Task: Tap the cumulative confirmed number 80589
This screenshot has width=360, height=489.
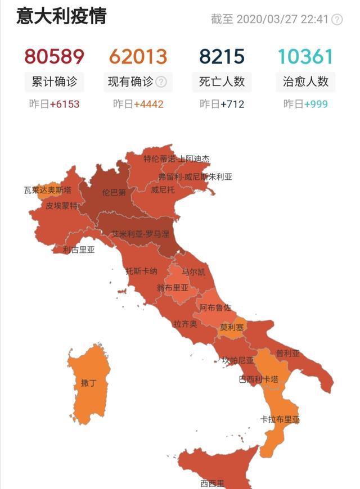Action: tap(54, 57)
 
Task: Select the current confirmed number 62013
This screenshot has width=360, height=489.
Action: tap(138, 57)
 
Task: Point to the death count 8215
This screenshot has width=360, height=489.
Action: tap(222, 57)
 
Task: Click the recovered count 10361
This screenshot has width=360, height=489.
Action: tap(305, 57)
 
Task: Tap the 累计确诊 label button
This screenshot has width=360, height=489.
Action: tap(54, 81)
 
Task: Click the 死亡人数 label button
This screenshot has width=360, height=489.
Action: tap(222, 81)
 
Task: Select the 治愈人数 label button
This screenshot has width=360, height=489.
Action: tap(305, 81)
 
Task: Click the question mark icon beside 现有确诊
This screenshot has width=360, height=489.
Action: tap(161, 81)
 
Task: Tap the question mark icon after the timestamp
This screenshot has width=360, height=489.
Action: tap(337, 20)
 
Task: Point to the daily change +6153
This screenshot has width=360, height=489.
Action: tap(65, 104)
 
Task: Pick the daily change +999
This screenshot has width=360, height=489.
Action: tap(316, 104)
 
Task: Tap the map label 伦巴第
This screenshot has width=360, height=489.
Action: tap(114, 192)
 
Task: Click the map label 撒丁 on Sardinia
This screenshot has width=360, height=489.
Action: tap(88, 383)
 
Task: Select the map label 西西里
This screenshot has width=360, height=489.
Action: tap(212, 483)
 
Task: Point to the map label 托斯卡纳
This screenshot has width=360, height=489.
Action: tap(141, 271)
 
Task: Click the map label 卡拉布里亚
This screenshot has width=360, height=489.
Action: tap(280, 420)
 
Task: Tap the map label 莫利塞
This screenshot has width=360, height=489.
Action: tap(232, 327)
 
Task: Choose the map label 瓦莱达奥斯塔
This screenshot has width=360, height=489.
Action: tap(48, 190)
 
